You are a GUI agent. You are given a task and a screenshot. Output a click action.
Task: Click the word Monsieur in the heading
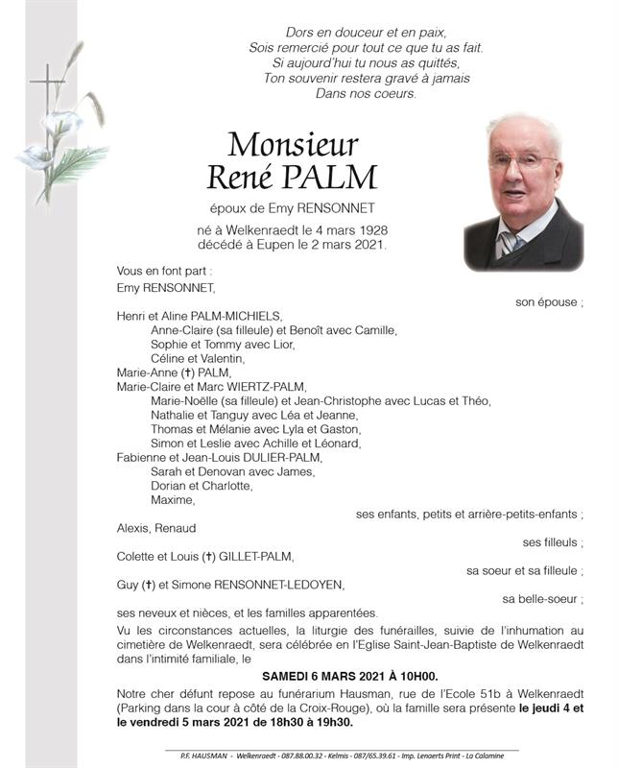point(293,144)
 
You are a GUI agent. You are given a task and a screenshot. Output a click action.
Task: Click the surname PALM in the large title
point(335,178)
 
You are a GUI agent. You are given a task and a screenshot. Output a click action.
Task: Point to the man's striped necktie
point(507,244)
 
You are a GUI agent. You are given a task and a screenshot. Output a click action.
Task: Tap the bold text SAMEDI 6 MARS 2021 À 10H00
point(349,676)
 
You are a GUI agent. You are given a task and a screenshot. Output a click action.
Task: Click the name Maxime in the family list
point(173,500)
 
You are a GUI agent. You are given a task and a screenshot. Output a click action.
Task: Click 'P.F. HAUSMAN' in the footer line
point(192,756)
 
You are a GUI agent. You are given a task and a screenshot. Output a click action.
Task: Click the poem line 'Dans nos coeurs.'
point(366,93)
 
